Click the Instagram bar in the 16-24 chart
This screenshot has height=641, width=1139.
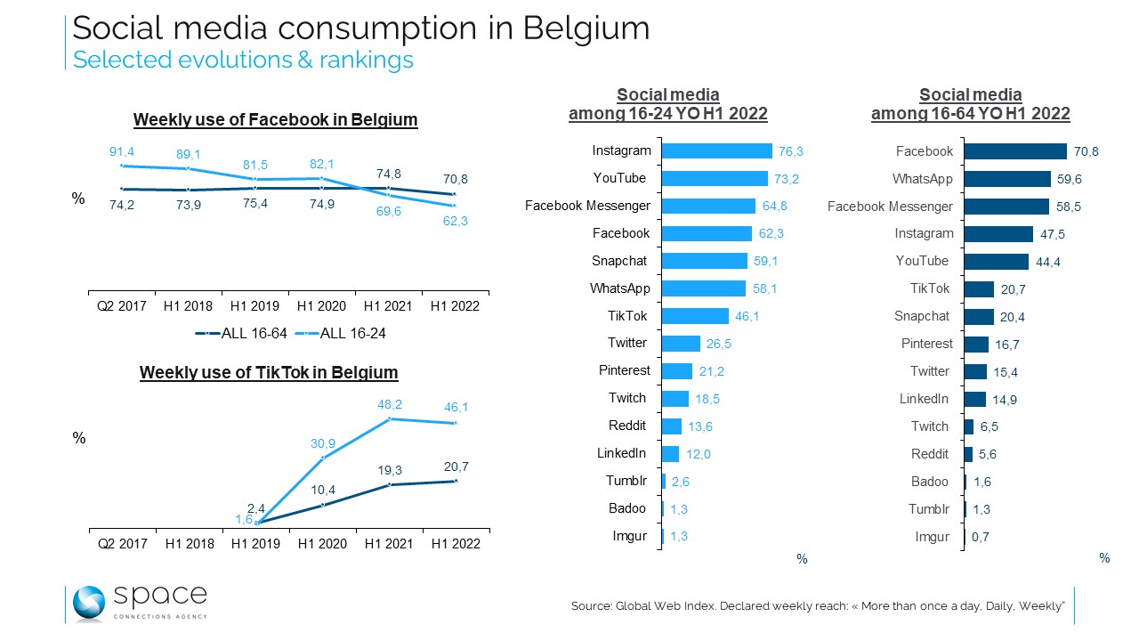(717, 151)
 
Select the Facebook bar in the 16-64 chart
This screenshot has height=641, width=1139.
(1016, 151)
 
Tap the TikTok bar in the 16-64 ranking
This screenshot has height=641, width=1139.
(980, 288)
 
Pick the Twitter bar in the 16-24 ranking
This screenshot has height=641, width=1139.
(682, 344)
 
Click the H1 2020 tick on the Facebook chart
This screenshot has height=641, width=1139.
(321, 305)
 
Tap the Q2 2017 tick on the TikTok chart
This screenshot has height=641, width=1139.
(122, 543)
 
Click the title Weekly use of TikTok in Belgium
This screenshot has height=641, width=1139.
(269, 372)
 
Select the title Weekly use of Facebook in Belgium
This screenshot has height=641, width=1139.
(275, 119)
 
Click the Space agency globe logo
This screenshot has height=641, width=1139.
(89, 603)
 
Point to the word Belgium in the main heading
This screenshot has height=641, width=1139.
(586, 28)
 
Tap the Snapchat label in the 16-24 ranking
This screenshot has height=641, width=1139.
(619, 261)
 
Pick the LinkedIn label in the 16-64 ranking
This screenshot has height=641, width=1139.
(924, 399)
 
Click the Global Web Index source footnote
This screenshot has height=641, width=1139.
(818, 605)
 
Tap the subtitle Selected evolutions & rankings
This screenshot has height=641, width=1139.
(243, 60)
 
